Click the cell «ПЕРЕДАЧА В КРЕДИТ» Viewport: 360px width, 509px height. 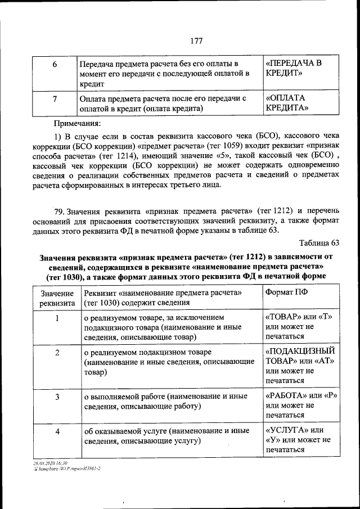pos(294,68)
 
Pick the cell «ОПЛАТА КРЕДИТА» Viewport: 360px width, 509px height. pos(286,102)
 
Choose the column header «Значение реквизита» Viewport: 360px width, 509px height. pos(57,299)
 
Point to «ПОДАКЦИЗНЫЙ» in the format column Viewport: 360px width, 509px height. pos(300,351)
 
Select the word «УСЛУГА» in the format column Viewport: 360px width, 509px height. pos(286,430)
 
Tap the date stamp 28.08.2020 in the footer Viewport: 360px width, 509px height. pos(46,462)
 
